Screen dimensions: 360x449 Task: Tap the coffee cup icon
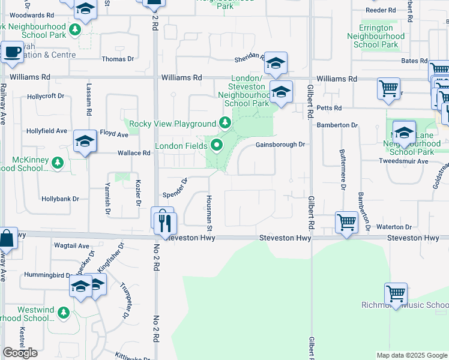pos(12,52)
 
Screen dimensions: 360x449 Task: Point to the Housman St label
pos(209,213)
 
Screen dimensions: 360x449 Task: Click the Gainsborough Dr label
pos(280,145)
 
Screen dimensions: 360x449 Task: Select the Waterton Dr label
pos(394,227)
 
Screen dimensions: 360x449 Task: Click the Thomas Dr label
pos(118,59)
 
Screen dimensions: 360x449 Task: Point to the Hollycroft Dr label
pos(45,96)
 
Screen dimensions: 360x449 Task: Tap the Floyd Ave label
pos(114,134)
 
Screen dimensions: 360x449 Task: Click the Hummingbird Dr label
pos(47,275)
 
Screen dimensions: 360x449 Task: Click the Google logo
pos(20,352)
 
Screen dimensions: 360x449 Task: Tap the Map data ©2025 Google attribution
pos(411,355)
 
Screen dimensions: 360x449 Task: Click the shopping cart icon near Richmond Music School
pos(396,294)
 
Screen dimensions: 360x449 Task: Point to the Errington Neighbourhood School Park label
pos(376,36)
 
